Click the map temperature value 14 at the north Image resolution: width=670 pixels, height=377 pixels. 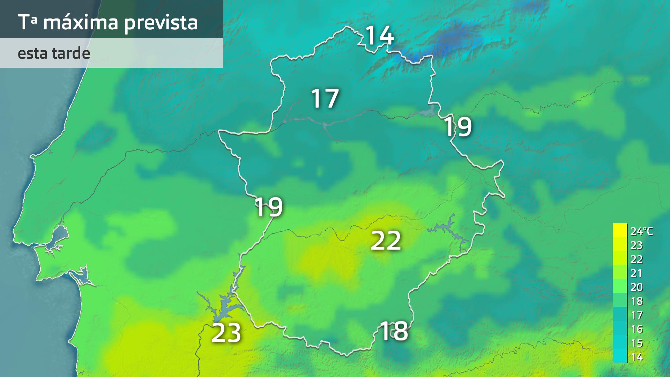(380, 36)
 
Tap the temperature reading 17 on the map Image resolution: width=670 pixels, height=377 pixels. (325, 98)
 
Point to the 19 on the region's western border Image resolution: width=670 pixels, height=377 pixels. (269, 207)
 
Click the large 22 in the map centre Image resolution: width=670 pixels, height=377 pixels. (386, 241)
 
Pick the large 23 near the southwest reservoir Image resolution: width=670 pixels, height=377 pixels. (226, 333)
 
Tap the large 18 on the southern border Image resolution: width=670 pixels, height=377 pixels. (394, 331)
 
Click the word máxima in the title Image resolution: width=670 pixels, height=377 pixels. (81, 22)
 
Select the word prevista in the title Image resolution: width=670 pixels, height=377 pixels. (161, 22)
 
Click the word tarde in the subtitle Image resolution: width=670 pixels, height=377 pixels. (71, 53)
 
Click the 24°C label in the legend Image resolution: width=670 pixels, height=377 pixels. (641, 231)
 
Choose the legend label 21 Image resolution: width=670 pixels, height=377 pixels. (636, 273)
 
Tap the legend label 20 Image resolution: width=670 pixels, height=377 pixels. (636, 287)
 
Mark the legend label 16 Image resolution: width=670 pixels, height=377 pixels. (636, 329)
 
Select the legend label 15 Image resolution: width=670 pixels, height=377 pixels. (636, 343)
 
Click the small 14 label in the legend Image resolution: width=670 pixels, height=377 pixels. (636, 357)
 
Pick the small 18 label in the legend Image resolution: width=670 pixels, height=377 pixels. (636, 301)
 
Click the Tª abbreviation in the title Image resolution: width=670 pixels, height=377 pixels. (28, 22)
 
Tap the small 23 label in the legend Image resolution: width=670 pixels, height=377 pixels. (636, 245)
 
